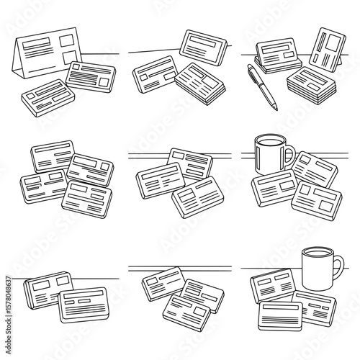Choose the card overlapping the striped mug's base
272,188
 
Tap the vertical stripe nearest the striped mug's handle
279,155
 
